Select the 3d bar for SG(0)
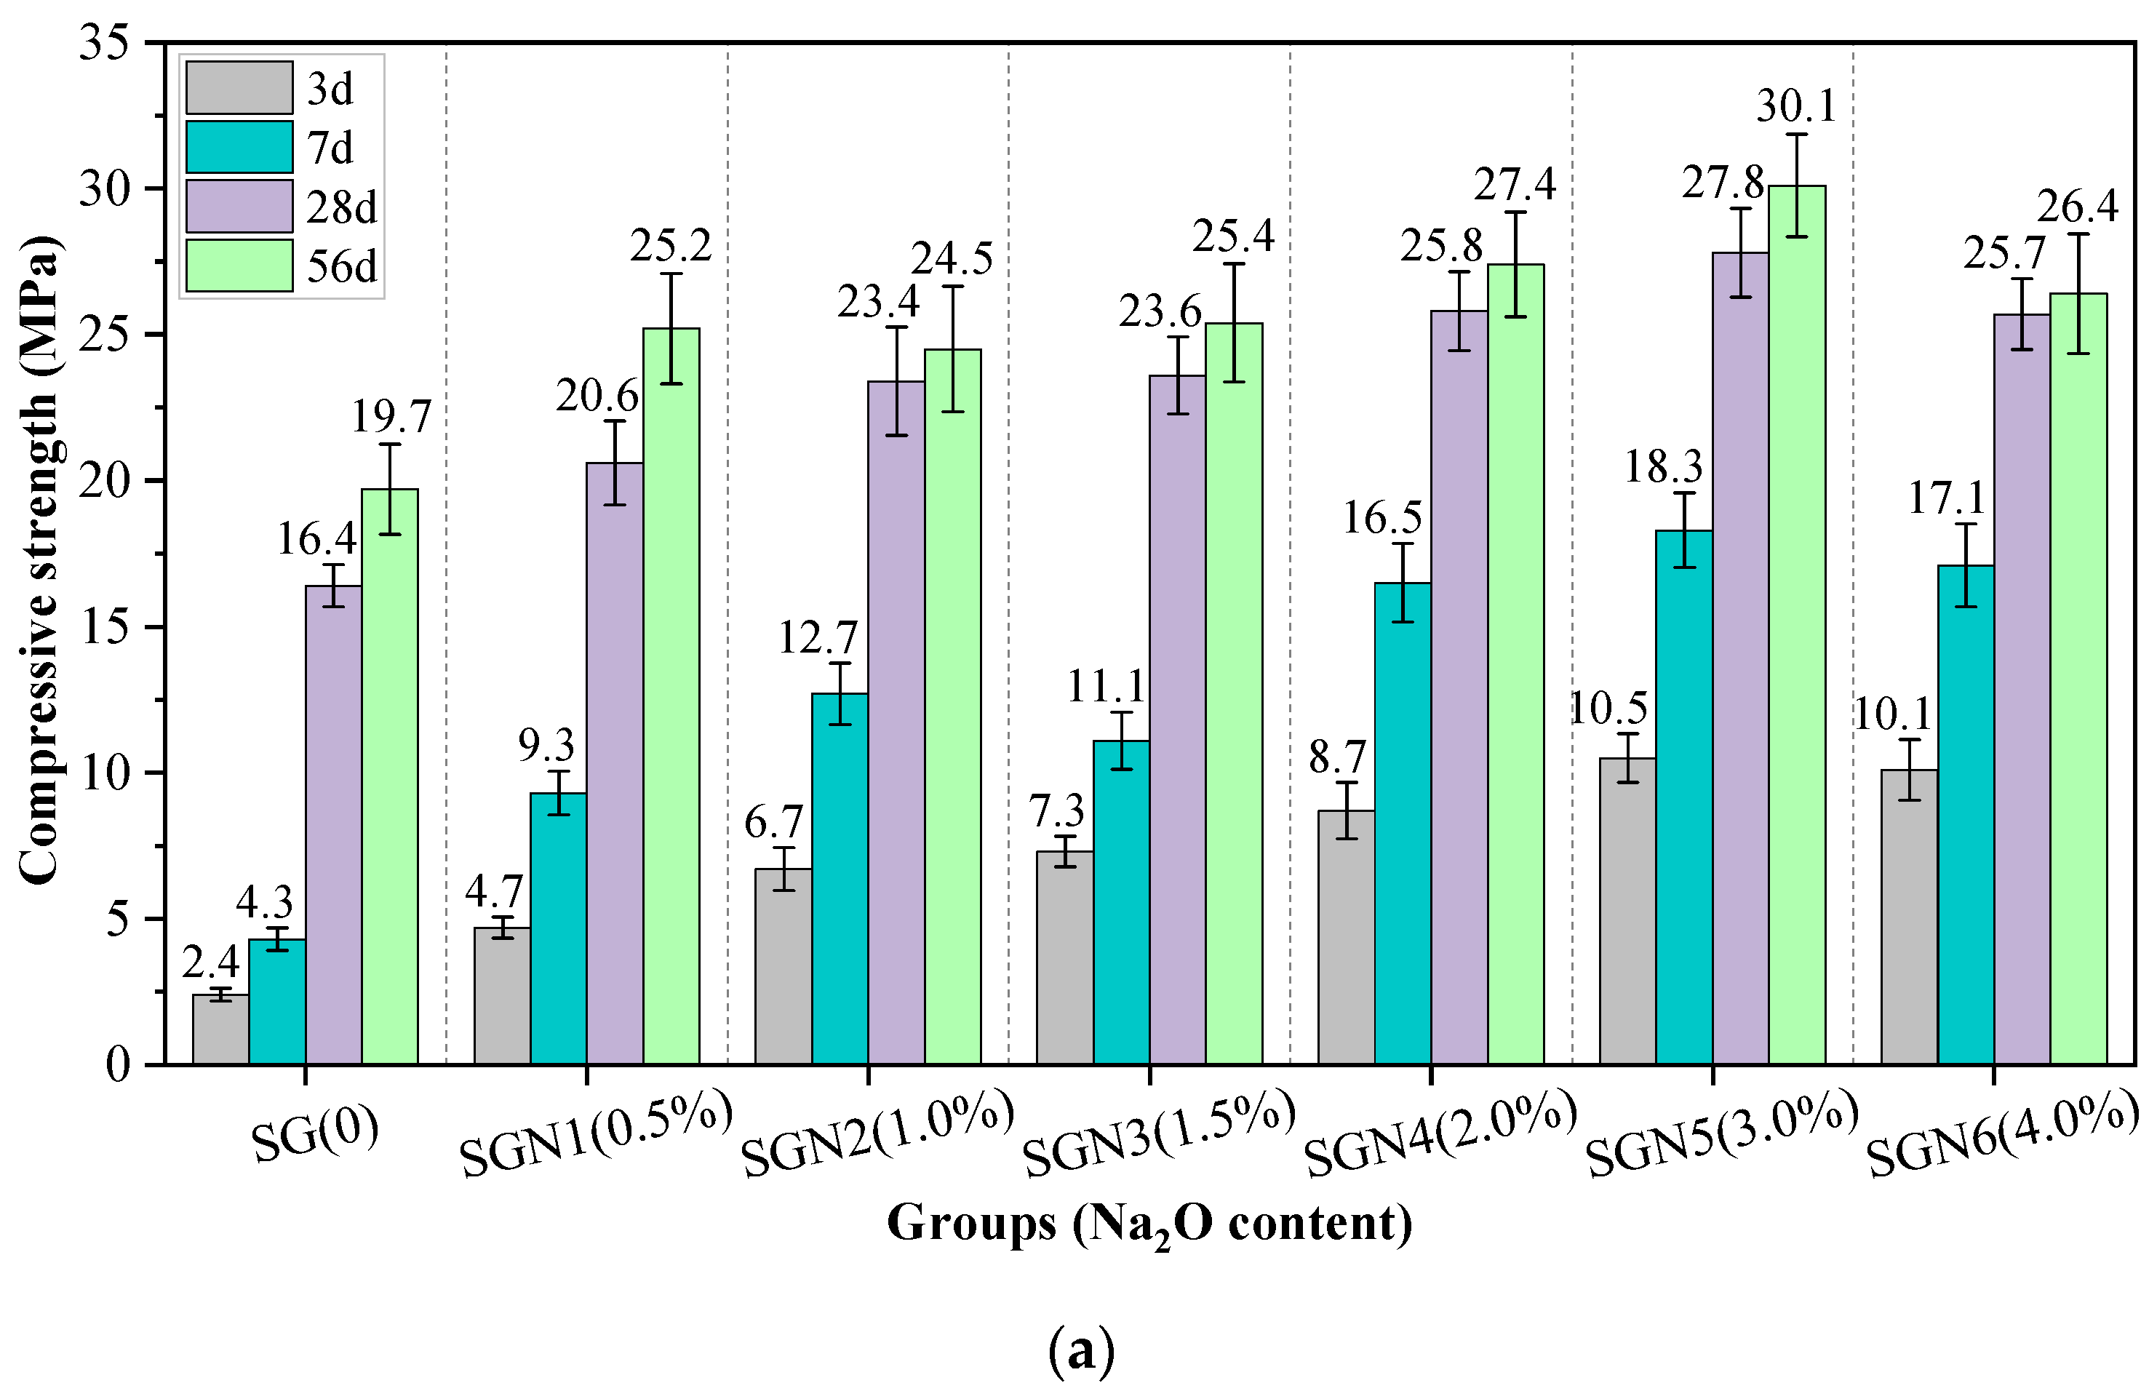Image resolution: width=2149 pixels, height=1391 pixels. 220,1029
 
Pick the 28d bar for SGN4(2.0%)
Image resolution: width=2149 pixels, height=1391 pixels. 1459,687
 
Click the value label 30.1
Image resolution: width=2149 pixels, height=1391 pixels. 1796,107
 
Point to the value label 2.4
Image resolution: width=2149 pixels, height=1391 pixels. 210,963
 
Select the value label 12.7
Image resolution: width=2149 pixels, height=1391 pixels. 817,639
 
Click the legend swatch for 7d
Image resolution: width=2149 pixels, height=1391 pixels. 239,147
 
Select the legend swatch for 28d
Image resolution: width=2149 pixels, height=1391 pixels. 239,207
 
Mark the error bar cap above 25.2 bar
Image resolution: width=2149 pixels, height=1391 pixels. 671,274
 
